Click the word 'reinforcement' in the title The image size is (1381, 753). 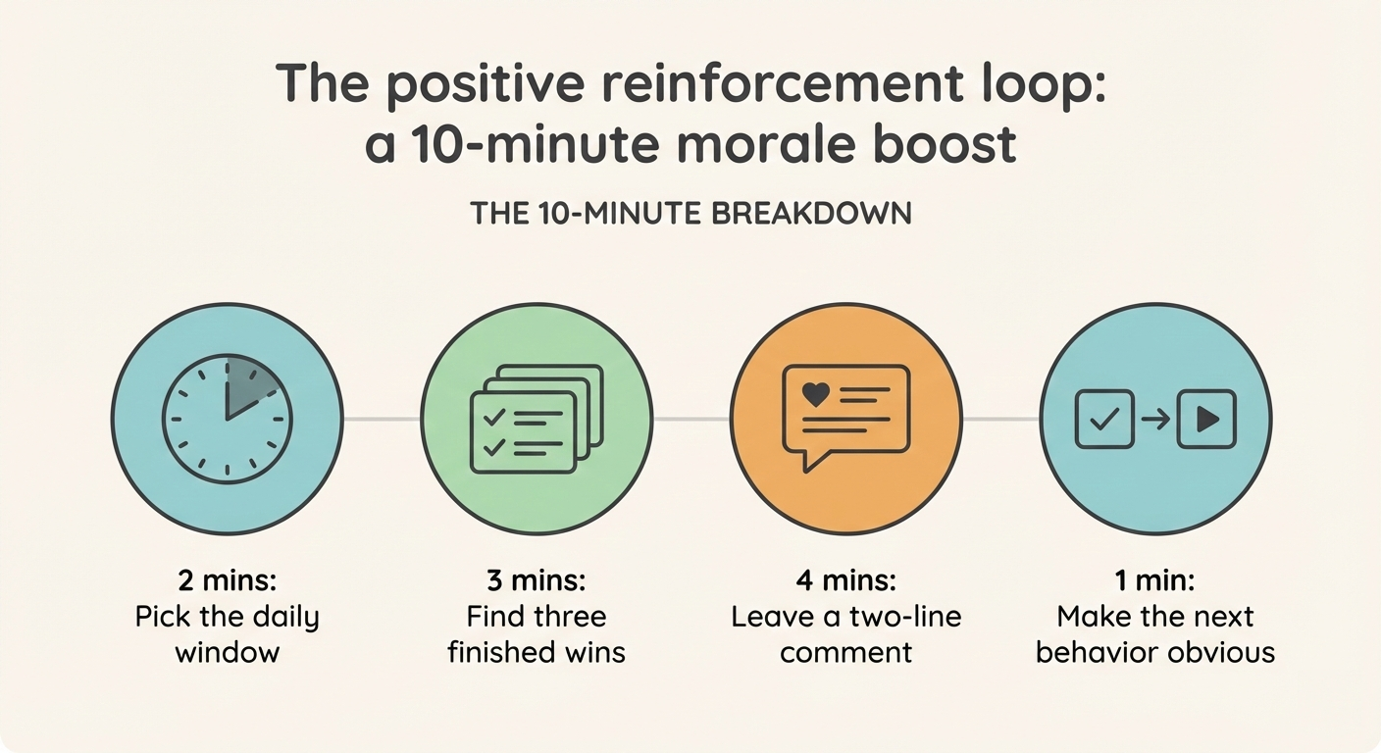point(782,83)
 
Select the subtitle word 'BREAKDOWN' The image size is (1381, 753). point(811,213)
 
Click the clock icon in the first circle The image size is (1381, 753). point(227,419)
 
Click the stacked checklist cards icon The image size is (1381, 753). point(537,419)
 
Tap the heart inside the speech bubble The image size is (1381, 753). point(816,394)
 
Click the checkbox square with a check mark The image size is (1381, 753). point(1104,419)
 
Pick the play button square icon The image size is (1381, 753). point(1206,419)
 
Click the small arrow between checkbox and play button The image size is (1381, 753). point(1155,420)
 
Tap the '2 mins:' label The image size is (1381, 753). point(228,579)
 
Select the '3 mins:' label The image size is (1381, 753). point(537,579)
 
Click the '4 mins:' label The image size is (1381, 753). point(845,579)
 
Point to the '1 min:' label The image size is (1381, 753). point(1154,579)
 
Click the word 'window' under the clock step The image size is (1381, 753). point(228,653)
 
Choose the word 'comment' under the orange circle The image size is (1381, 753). point(845,653)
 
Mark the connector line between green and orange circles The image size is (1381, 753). point(691,419)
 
